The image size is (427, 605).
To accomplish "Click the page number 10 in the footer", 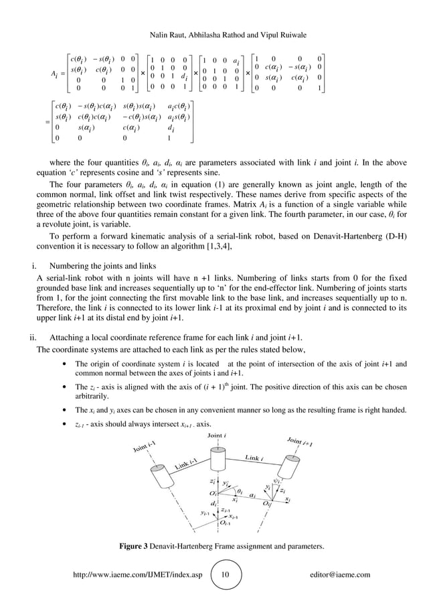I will pos(225,574).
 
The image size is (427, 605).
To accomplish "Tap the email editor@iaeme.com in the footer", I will pos(341,574).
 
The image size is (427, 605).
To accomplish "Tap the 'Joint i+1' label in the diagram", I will pos(300,443).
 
